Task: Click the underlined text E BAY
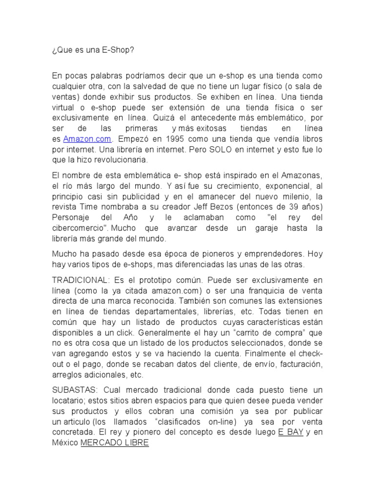[291, 432]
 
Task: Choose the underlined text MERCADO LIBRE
[114, 443]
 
